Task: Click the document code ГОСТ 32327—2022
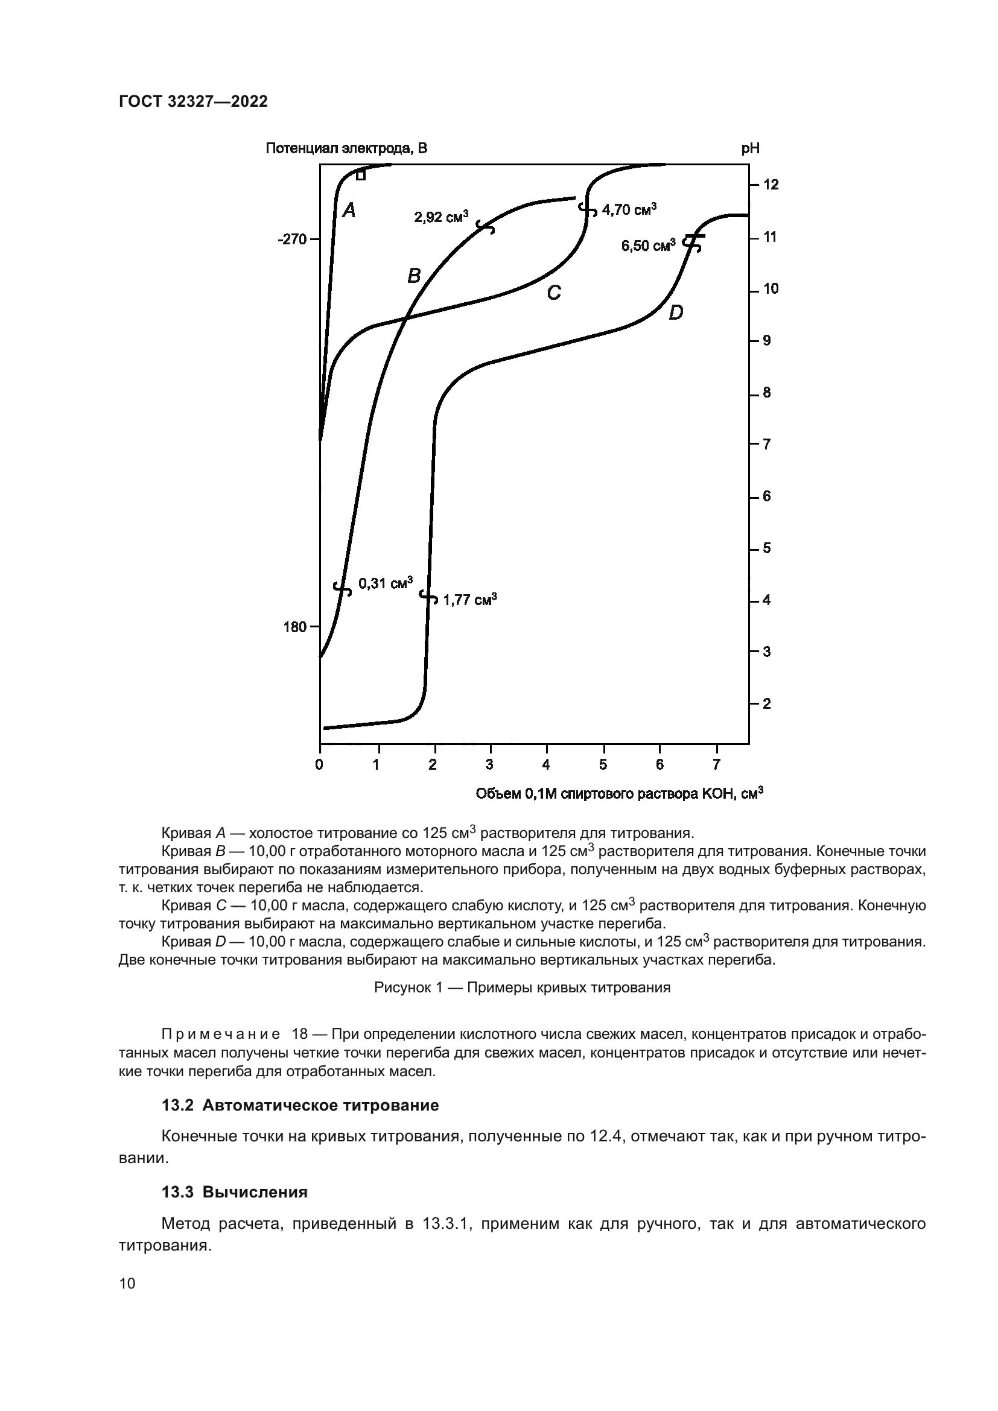[193, 101]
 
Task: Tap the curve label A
[349, 211]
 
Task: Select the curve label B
[414, 276]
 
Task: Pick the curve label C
[554, 293]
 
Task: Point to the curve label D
[675, 313]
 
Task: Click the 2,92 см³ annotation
[440, 217]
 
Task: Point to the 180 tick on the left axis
[295, 627]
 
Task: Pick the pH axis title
[750, 148]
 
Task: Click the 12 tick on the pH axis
[771, 185]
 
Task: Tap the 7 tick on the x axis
[717, 764]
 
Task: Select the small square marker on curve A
[361, 176]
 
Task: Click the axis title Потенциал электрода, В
[346, 148]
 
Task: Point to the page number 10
[127, 1283]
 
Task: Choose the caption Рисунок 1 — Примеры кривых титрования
[522, 988]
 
